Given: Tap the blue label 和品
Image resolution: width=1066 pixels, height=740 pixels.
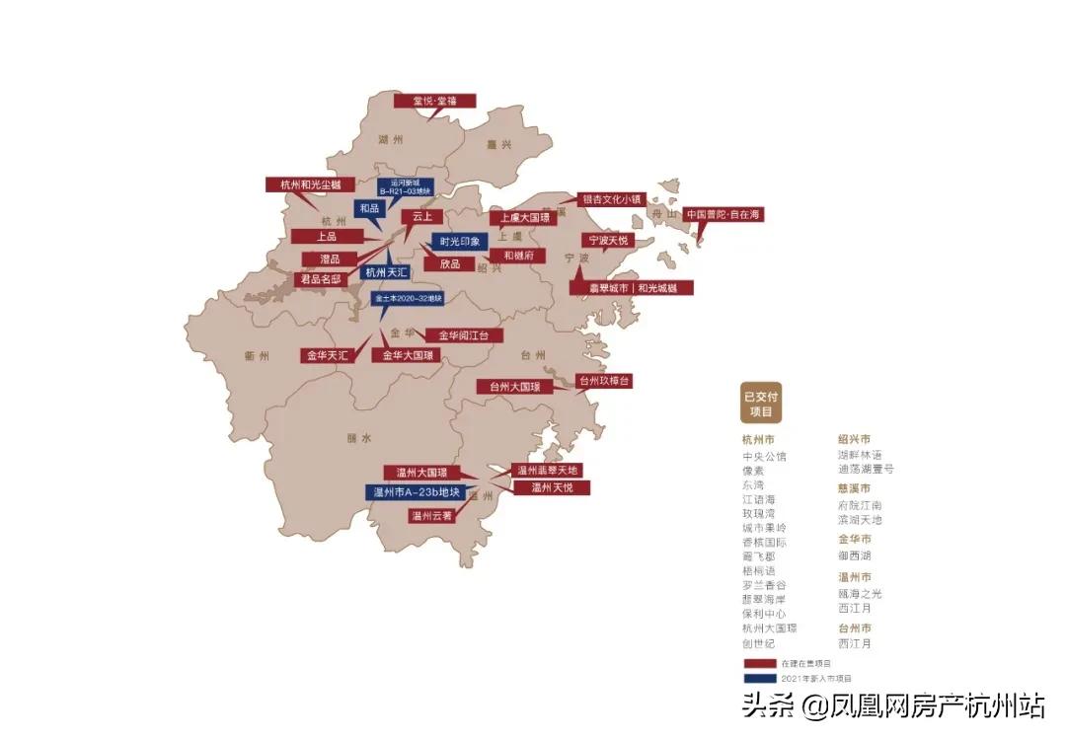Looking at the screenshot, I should tap(369, 209).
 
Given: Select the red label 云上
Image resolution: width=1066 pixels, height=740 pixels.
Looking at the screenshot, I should tap(422, 216).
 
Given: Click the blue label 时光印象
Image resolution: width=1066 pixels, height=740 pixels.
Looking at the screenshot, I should tap(459, 242).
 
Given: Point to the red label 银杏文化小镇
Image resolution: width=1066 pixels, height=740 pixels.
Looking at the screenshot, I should tap(611, 198).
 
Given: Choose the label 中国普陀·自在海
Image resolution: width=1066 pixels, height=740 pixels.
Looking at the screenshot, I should tap(724, 214).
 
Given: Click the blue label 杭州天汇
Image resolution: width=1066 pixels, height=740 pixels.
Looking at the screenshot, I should tap(385, 272).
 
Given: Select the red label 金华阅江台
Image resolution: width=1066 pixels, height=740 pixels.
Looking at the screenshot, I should tap(463, 335).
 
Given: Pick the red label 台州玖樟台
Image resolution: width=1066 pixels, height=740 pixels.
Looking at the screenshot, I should tap(603, 381).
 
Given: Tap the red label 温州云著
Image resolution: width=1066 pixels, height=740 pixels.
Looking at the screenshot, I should tap(431, 515).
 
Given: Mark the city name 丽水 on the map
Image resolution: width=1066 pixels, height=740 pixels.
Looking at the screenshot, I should tap(358, 437).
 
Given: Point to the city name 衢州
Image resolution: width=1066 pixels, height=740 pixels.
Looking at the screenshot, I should tap(257, 356).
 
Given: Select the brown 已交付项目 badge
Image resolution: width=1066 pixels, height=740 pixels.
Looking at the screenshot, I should tap(761, 403).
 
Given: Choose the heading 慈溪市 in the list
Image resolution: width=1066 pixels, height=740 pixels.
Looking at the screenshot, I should tap(854, 488).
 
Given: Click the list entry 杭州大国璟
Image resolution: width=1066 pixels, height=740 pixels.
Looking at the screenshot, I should tap(769, 629).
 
